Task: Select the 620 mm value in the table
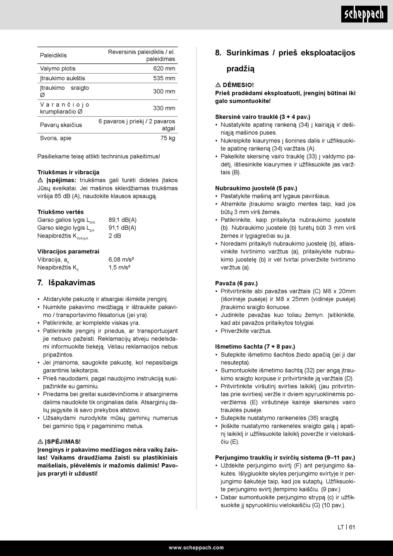pos(164,69)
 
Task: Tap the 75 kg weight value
pos(168,138)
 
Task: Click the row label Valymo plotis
pos(58,69)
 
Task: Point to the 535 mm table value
pos(164,78)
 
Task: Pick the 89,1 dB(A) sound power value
pos(122,220)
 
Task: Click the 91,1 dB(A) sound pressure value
pos(122,228)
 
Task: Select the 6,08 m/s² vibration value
pos(121,260)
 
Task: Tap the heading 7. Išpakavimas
pos(66,283)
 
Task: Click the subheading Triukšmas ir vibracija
pos(68,172)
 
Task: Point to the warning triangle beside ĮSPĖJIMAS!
pos(40,442)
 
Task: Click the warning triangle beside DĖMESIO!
pos(218,85)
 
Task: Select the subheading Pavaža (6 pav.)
pos(236,283)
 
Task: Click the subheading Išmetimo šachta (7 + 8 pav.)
pos(255,347)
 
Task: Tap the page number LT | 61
pos(346,527)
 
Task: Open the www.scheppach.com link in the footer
pos(196,548)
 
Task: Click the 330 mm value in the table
pos(164,108)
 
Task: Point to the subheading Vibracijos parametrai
pos(68,251)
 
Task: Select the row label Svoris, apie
pos(56,138)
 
